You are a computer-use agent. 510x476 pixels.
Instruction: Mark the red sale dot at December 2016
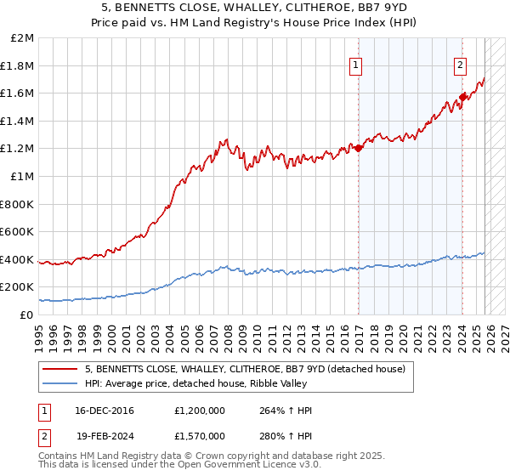(x=359, y=148)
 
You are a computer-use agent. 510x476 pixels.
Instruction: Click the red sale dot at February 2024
(x=463, y=97)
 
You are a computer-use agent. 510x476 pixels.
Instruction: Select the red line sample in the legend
(x=61, y=370)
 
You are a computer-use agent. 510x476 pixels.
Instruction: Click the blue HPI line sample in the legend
(x=61, y=384)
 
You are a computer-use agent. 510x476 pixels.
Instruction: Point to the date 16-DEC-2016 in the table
(x=110, y=411)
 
